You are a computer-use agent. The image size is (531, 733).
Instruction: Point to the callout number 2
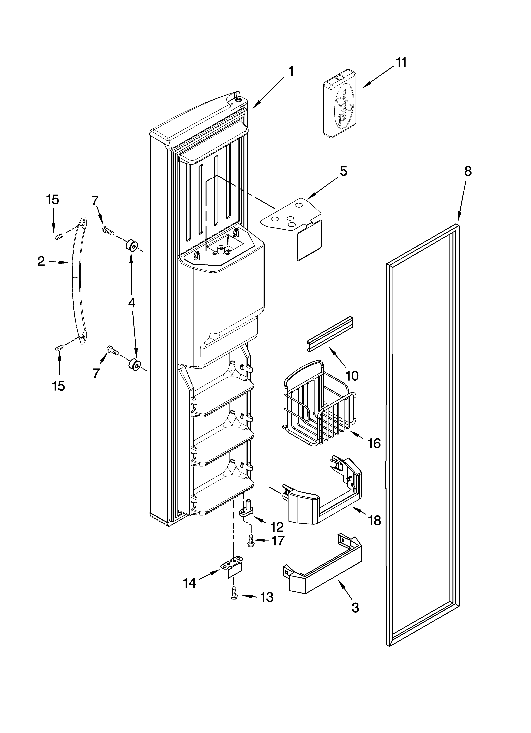[41, 261]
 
